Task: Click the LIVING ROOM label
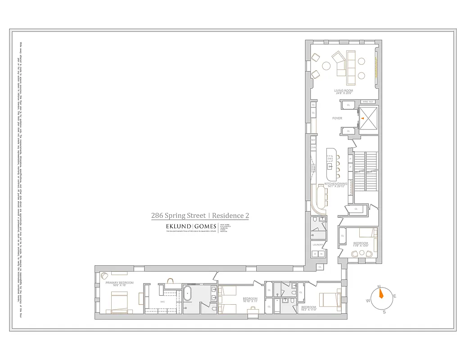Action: coord(343,91)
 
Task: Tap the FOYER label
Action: coord(337,118)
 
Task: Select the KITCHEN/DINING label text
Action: coord(336,184)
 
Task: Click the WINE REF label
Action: coord(368,102)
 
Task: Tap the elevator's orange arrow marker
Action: coord(362,118)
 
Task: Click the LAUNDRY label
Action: coord(318,245)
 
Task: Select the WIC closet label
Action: coord(163,301)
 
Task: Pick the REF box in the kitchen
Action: coord(313,140)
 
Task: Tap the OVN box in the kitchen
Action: coord(313,148)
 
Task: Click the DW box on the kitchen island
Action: coord(330,159)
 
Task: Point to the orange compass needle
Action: coord(381,293)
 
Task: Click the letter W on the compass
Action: coord(368,301)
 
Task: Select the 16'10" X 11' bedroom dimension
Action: coord(250,301)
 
